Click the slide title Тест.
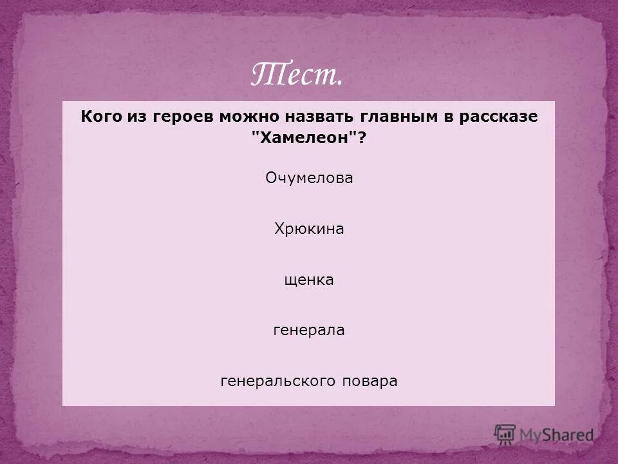pos(296,76)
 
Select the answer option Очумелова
pos(309,179)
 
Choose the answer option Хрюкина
pos(309,229)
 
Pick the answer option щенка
pos(309,280)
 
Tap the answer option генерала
pos(309,331)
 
